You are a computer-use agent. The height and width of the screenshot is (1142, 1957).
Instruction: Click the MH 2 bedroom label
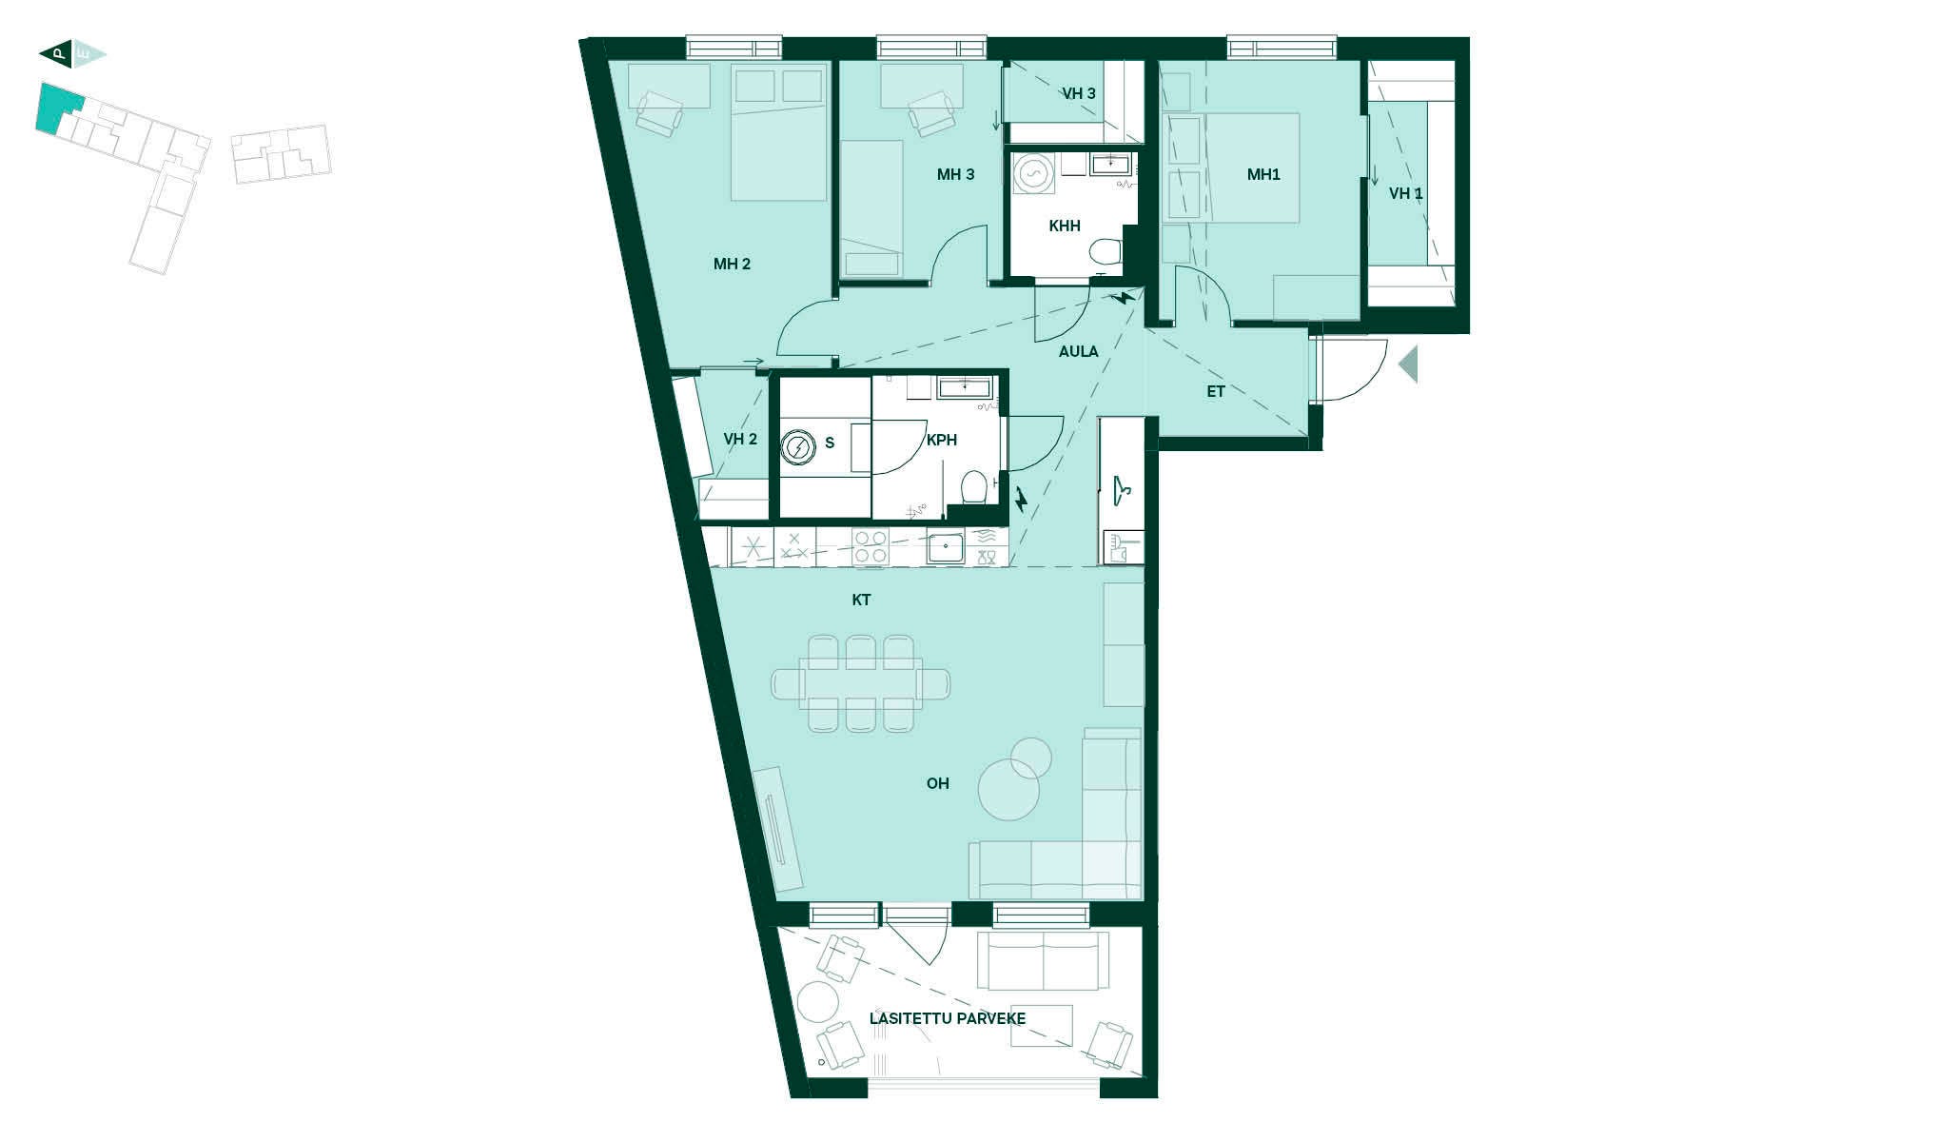point(732,264)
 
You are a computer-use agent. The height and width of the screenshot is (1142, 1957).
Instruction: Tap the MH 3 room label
point(955,174)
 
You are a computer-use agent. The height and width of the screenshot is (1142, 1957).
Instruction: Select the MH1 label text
point(1263,174)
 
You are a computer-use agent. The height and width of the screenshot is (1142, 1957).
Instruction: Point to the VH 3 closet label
point(1079,93)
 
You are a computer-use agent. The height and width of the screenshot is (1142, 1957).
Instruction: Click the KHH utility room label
point(1065,226)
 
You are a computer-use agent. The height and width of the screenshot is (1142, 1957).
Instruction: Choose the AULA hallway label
point(1079,351)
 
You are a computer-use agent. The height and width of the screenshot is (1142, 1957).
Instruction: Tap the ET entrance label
point(1216,391)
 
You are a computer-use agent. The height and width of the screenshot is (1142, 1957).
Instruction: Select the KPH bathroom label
point(942,440)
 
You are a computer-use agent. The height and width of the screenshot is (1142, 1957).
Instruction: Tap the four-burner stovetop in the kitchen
point(871,548)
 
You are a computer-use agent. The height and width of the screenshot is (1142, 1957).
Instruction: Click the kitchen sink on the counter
point(946,548)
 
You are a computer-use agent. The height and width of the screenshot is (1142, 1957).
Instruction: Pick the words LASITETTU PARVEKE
point(948,1018)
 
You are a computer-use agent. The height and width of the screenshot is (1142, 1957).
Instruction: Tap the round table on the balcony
point(817,1002)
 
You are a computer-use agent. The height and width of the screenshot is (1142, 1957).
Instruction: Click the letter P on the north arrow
point(59,54)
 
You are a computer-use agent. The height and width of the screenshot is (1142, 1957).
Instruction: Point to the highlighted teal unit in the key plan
point(57,108)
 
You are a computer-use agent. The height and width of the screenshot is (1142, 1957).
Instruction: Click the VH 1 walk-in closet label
point(1406,193)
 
